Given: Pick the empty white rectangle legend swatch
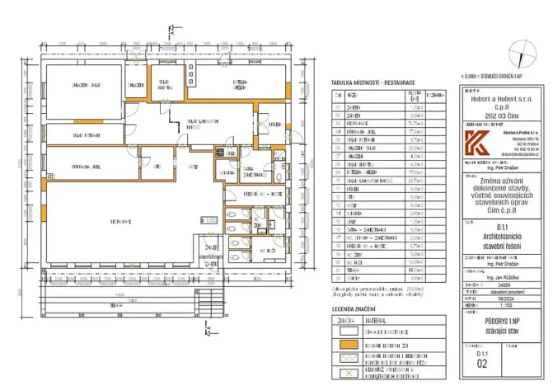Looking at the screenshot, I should [x=346, y=328].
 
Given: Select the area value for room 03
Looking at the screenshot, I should [x=416, y=123].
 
